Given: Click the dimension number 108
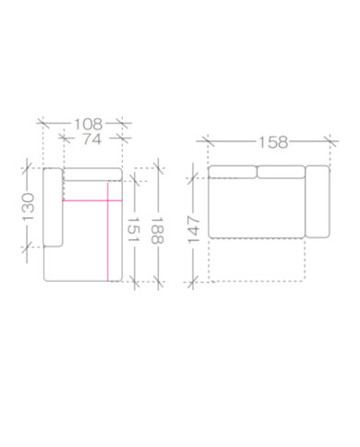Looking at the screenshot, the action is click(x=89, y=124).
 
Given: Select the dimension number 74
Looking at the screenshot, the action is click(x=92, y=139).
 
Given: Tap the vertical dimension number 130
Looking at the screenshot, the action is click(x=29, y=207).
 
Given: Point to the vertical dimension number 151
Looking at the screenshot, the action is click(x=134, y=230).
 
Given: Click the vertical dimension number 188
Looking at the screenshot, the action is click(x=158, y=231).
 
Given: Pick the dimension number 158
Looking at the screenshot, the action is click(x=273, y=142).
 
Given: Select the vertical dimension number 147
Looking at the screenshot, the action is click(x=194, y=230).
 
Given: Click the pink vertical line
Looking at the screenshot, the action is click(x=108, y=232).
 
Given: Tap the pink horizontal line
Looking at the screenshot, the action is click(x=92, y=200).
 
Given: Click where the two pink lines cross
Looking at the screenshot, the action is click(x=108, y=200).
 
